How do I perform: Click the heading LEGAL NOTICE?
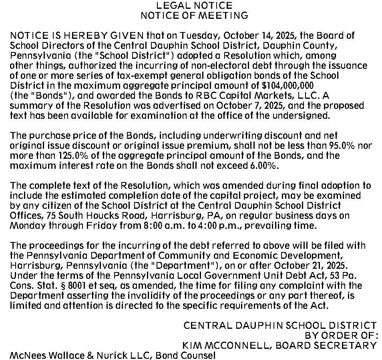point(194,6)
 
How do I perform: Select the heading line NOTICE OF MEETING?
point(194,16)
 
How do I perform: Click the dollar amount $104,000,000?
point(288,86)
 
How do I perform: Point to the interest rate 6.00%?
point(264,166)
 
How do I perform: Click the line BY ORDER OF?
point(341,336)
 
